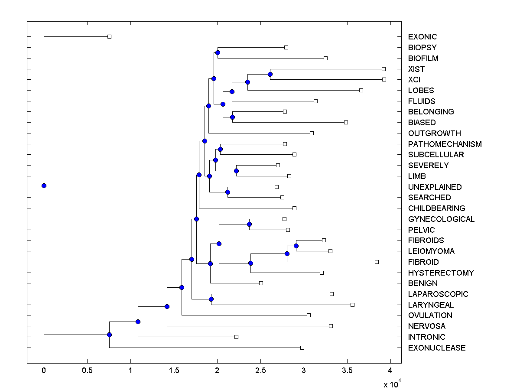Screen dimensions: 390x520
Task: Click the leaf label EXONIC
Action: pyautogui.click(x=422, y=37)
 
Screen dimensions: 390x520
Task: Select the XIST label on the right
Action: pyautogui.click(x=416, y=69)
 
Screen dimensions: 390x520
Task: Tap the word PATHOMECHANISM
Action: pyautogui.click(x=445, y=144)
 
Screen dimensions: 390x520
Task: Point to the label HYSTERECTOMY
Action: pyautogui.click(x=441, y=273)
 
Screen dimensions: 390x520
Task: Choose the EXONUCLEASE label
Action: pyautogui.click(x=437, y=348)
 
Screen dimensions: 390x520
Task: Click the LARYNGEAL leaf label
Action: pyautogui.click(x=431, y=305)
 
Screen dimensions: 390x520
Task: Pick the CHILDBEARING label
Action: pyautogui.click(x=436, y=208)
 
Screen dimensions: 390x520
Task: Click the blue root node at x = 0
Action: pyautogui.click(x=44, y=185)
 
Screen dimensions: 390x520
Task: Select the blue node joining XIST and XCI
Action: pyautogui.click(x=270, y=74)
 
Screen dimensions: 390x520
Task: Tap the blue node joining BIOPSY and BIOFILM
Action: pyautogui.click(x=218, y=52)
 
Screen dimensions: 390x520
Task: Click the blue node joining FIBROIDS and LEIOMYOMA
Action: pyautogui.click(x=296, y=246)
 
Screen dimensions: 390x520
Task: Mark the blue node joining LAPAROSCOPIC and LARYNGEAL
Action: pyautogui.click(x=211, y=299)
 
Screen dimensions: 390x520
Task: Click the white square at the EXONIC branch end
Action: pyautogui.click(x=109, y=36)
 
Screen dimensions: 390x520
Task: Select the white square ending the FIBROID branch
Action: pyautogui.click(x=377, y=262)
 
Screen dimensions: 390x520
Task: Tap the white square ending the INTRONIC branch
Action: pyautogui.click(x=236, y=337)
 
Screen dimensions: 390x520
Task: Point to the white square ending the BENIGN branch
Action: pyautogui.click(x=261, y=283)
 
